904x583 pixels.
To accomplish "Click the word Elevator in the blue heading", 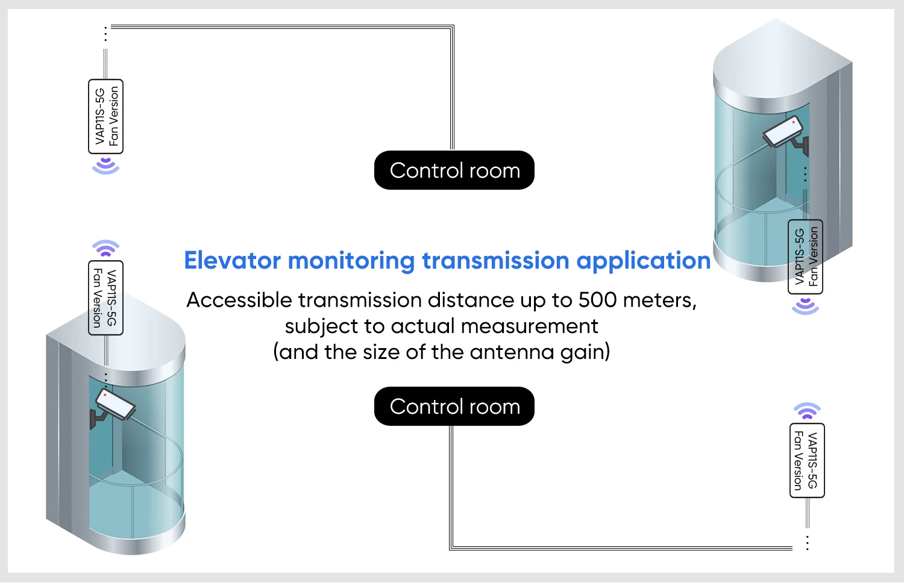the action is (x=233, y=260).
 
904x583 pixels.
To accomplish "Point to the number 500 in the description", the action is (x=597, y=300).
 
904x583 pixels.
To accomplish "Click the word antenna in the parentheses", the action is (x=512, y=352).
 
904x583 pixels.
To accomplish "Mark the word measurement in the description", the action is (x=529, y=326).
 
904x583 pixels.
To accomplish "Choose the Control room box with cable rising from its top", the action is (x=454, y=170).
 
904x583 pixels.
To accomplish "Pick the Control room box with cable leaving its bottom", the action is (x=454, y=406).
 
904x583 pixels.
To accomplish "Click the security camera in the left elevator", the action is (x=112, y=407).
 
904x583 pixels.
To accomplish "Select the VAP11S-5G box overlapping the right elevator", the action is (x=805, y=257).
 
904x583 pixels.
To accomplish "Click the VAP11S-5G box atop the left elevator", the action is (x=105, y=298).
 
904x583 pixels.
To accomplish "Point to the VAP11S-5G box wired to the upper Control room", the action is (x=105, y=116).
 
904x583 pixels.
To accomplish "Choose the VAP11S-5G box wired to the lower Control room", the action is (x=807, y=460).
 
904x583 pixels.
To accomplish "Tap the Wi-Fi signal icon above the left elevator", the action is (x=105, y=249).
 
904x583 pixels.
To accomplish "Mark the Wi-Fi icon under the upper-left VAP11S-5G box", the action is (x=105, y=166).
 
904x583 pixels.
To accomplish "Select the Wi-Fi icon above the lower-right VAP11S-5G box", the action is (x=807, y=411).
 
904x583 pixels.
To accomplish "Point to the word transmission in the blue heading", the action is (x=495, y=260).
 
